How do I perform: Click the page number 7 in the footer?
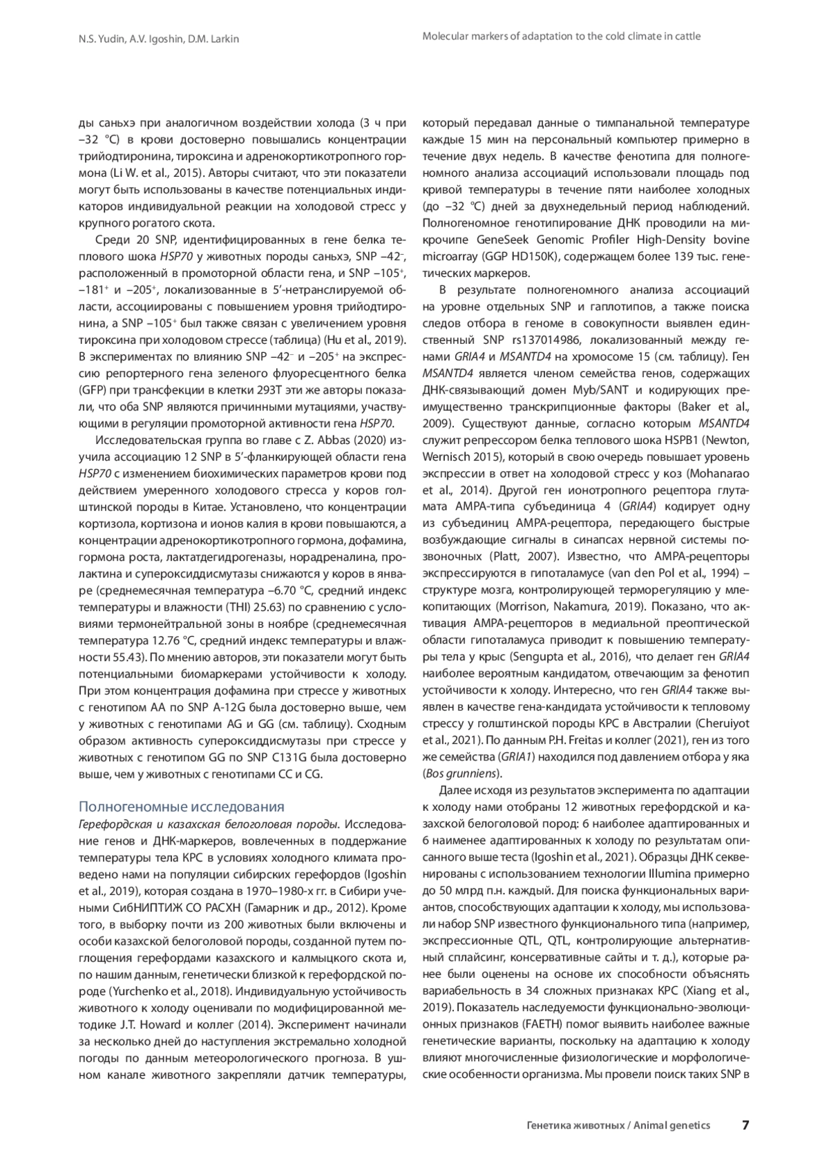(x=745, y=1124)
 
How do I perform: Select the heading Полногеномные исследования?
(x=182, y=807)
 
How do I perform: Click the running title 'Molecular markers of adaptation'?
(x=561, y=36)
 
